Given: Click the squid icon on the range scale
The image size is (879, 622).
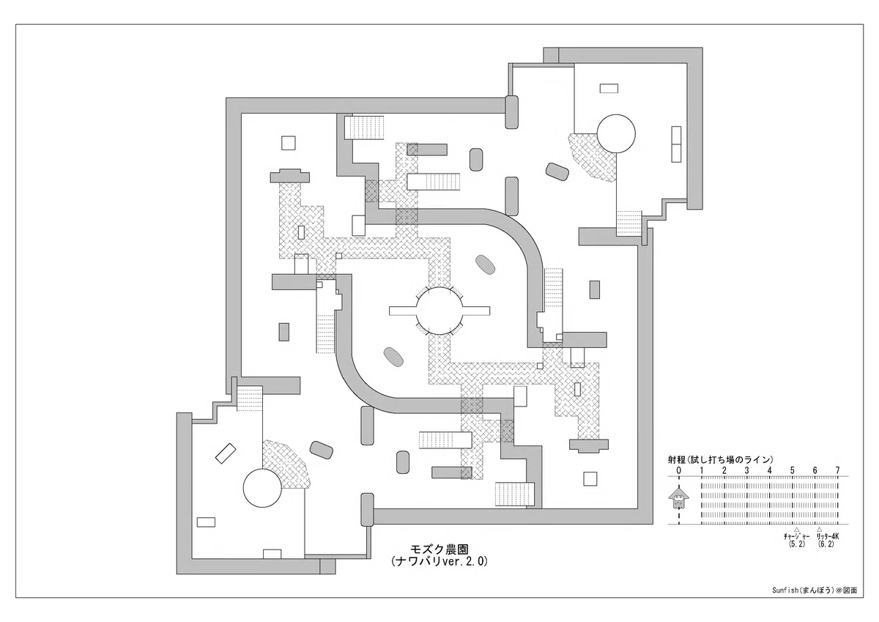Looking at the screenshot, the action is (678, 498).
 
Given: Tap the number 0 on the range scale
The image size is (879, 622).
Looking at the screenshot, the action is (679, 470).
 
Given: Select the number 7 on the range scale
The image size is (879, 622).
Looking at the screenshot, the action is (838, 470).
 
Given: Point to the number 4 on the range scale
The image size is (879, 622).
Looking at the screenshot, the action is (770, 470).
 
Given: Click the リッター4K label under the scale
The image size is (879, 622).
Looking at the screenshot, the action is (827, 536).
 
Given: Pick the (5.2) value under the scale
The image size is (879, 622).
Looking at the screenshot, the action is (796, 544).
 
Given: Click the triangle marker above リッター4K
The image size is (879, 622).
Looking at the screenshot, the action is (819, 530).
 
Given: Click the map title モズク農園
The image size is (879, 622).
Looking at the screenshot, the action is (439, 548).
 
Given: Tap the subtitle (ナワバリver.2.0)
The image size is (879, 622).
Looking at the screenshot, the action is (439, 561).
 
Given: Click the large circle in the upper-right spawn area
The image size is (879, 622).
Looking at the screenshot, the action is (616, 133).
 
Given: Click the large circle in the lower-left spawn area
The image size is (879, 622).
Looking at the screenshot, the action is (262, 488).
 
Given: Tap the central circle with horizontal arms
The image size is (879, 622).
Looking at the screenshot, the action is (439, 311).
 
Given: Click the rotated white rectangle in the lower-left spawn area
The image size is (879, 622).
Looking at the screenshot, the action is (226, 453).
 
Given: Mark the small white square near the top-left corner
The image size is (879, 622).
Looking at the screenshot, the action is (289, 143).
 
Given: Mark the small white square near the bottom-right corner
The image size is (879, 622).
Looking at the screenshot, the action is (590, 478).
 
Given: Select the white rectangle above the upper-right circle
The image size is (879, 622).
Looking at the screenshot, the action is (609, 89).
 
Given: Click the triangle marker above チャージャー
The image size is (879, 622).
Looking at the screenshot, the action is (797, 530).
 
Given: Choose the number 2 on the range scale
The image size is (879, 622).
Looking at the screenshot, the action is (724, 470).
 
